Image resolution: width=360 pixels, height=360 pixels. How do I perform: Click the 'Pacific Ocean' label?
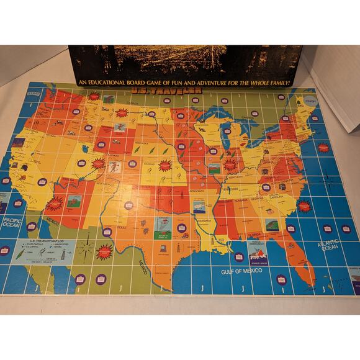click(13, 222)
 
